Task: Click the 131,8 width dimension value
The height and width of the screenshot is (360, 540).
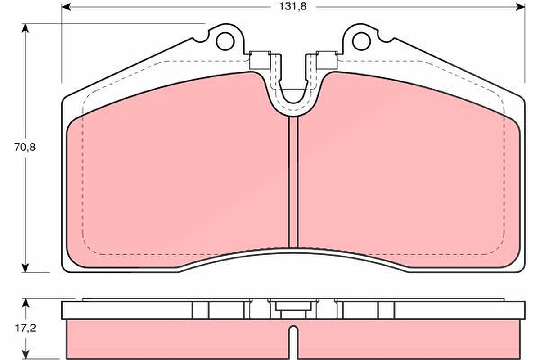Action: tap(293, 7)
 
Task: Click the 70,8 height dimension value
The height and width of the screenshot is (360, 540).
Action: tap(25, 147)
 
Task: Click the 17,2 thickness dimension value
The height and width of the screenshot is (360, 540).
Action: tap(26, 328)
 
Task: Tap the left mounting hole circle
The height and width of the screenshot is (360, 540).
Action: tap(225, 41)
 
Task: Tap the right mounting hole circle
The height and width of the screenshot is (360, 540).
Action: tap(361, 41)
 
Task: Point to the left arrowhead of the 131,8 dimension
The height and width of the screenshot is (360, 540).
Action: tap(66, 7)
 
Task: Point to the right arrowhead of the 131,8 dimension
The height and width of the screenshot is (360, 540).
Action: tap(521, 7)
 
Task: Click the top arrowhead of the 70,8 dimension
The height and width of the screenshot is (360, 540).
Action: tap(25, 28)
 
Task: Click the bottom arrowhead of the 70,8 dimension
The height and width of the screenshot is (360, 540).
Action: tap(25, 268)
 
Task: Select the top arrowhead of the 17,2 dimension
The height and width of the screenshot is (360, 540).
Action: tap(25, 303)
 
